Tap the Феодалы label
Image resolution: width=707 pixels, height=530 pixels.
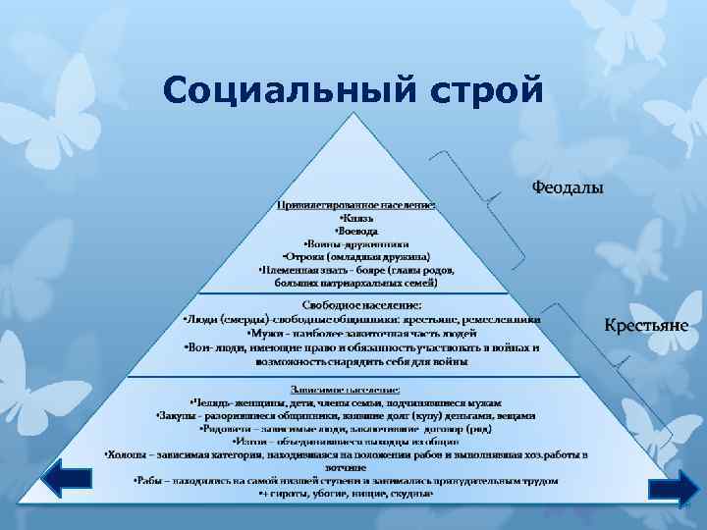568,186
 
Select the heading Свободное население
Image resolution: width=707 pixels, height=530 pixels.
356,305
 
